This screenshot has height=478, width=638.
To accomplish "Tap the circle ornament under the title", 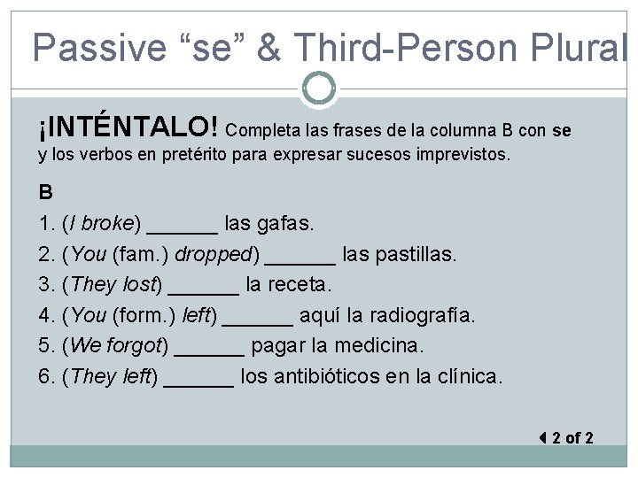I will pos(318,87).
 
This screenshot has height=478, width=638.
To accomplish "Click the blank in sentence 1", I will pos(182,224).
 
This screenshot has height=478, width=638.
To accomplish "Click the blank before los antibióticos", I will pos(199,377).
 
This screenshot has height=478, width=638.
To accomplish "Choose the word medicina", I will pos(384,345).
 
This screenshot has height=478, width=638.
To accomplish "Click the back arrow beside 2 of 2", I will pos(542,437).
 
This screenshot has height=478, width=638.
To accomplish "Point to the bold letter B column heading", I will pos(45,192).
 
